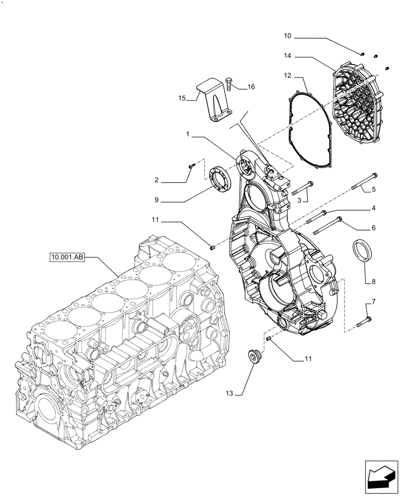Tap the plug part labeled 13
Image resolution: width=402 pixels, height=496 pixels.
click(255, 357)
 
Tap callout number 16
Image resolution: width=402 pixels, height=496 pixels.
click(251, 87)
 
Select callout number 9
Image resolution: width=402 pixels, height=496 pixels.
click(156, 200)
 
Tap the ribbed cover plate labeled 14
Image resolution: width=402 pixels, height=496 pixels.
click(359, 102)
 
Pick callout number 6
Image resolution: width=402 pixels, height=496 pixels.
click(373, 228)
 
